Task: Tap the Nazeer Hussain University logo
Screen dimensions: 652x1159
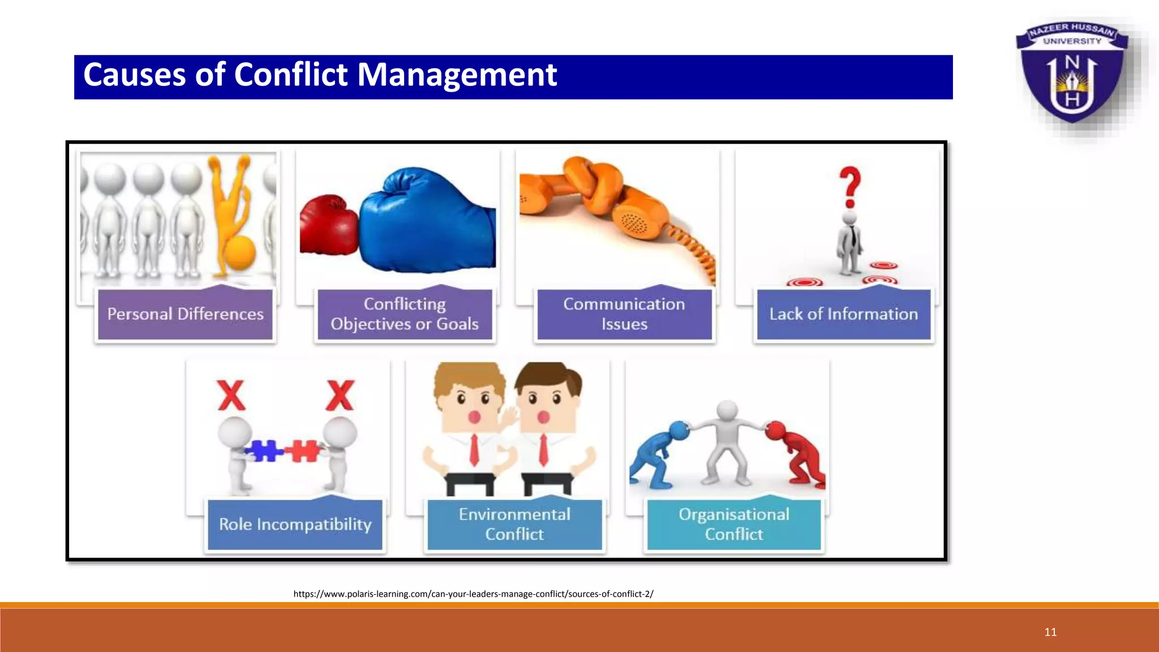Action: click(1071, 74)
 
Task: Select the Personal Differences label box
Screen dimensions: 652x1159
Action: click(185, 314)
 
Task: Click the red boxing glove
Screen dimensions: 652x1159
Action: click(328, 225)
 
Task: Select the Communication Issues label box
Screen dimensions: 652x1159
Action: click(624, 314)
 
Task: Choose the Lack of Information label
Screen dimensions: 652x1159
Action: click(843, 314)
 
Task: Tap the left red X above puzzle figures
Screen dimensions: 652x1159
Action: click(231, 396)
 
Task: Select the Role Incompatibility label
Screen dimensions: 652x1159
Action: click(295, 525)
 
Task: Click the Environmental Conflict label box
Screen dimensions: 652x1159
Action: click(514, 525)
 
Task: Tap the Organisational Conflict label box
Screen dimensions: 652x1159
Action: click(734, 525)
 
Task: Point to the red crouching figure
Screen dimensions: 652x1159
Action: click(797, 453)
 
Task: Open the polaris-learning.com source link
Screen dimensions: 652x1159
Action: click(473, 594)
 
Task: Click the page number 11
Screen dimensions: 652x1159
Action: click(1050, 632)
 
